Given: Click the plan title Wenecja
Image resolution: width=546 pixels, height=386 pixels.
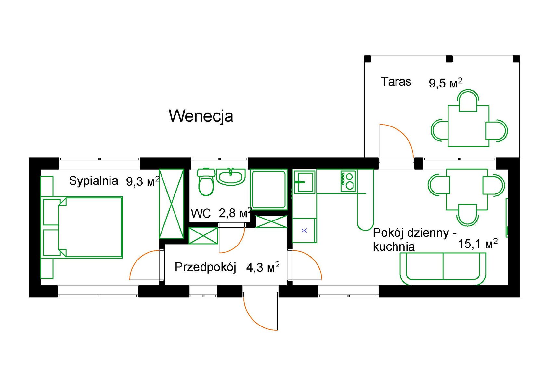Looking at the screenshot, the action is (x=201, y=116).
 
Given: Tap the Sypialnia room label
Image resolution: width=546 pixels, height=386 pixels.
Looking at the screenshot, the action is (x=93, y=181).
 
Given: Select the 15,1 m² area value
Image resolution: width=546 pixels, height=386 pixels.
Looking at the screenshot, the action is (x=478, y=244).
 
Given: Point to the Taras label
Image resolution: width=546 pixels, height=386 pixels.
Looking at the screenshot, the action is (x=396, y=81).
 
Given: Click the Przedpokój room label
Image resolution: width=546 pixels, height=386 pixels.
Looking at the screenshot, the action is (x=205, y=267).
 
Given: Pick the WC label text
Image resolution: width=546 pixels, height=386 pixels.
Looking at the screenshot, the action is (x=201, y=214).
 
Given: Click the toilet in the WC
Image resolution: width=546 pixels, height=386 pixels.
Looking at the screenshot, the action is (x=206, y=182).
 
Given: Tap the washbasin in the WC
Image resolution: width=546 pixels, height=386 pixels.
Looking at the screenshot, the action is (x=231, y=177).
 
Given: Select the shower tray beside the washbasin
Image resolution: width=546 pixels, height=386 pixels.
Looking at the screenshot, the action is (x=268, y=190).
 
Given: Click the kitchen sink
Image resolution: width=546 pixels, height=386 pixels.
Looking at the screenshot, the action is (x=305, y=182).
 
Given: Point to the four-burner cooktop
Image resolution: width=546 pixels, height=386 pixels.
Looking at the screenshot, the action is (x=348, y=181).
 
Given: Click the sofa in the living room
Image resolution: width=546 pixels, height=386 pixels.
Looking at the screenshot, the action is (x=443, y=269).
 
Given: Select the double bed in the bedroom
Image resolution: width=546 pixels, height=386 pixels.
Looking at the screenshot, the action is (x=83, y=228).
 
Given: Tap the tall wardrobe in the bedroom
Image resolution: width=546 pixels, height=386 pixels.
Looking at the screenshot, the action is (x=171, y=204).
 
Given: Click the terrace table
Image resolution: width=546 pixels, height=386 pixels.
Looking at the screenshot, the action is (x=469, y=126).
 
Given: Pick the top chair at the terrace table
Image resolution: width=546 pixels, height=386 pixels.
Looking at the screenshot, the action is (x=468, y=100).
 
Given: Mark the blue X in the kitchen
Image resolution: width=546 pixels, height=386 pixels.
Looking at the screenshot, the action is (x=304, y=231).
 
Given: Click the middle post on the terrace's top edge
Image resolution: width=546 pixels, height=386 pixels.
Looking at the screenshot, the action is (x=449, y=59).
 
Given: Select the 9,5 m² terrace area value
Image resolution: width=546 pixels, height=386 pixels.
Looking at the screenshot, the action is (x=446, y=83).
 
